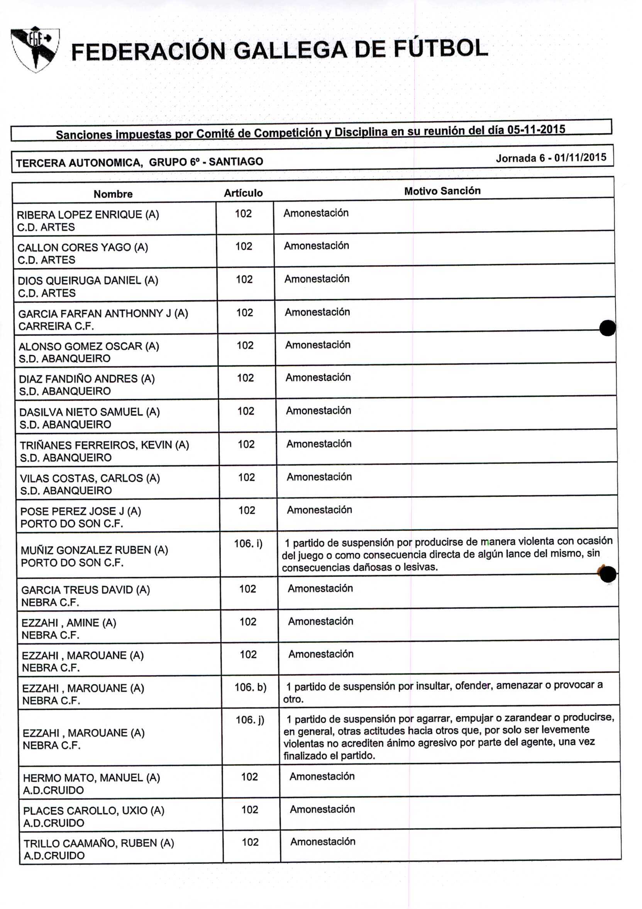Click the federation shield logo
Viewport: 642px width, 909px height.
[x=35, y=49]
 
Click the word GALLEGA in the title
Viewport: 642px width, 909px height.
[x=290, y=51]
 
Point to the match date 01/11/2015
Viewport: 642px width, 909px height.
[x=580, y=157]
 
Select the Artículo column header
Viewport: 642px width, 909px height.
[x=243, y=193]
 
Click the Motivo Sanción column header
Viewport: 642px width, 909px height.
[x=442, y=191]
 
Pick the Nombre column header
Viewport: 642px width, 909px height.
[x=113, y=194]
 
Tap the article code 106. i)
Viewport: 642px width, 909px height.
[x=248, y=543]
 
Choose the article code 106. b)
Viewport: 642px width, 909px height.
[x=250, y=687]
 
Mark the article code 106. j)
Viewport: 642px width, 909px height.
[x=250, y=720]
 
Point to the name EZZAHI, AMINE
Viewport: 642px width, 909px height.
[x=68, y=623]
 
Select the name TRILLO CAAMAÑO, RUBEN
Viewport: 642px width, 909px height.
[x=98, y=843]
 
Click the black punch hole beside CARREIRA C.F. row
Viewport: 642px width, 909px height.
[x=607, y=328]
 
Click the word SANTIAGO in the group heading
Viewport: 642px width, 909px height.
[x=236, y=161]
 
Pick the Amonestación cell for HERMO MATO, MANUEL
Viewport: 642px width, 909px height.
[x=322, y=776]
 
